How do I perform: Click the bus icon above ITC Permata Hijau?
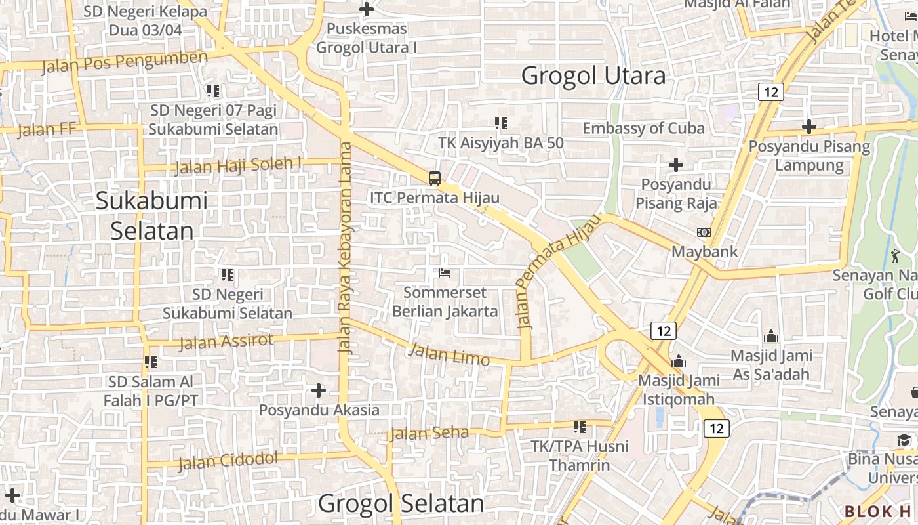coord(434,178)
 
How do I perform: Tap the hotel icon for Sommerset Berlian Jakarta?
coord(445,272)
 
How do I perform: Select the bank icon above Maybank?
coord(704,232)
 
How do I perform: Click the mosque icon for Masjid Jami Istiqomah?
coord(679,362)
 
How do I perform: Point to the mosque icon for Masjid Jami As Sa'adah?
coord(771,337)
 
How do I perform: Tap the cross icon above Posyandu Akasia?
coord(319,390)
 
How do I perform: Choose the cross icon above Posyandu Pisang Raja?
coord(676,164)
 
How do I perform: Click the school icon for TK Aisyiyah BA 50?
coord(501,123)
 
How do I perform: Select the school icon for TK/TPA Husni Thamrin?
coord(579,427)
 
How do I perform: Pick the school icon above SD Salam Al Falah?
coord(151,362)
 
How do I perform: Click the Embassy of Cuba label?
coord(643,128)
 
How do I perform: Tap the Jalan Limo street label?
coord(449,355)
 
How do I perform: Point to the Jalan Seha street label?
coord(429,433)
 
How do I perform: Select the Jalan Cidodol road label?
coord(228,461)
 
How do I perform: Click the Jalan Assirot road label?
coord(226,341)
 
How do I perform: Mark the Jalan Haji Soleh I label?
coord(238,165)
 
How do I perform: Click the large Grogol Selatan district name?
coord(401,504)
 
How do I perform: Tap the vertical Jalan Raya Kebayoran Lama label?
coord(345,249)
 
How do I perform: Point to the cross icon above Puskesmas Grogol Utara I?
coord(367,9)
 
